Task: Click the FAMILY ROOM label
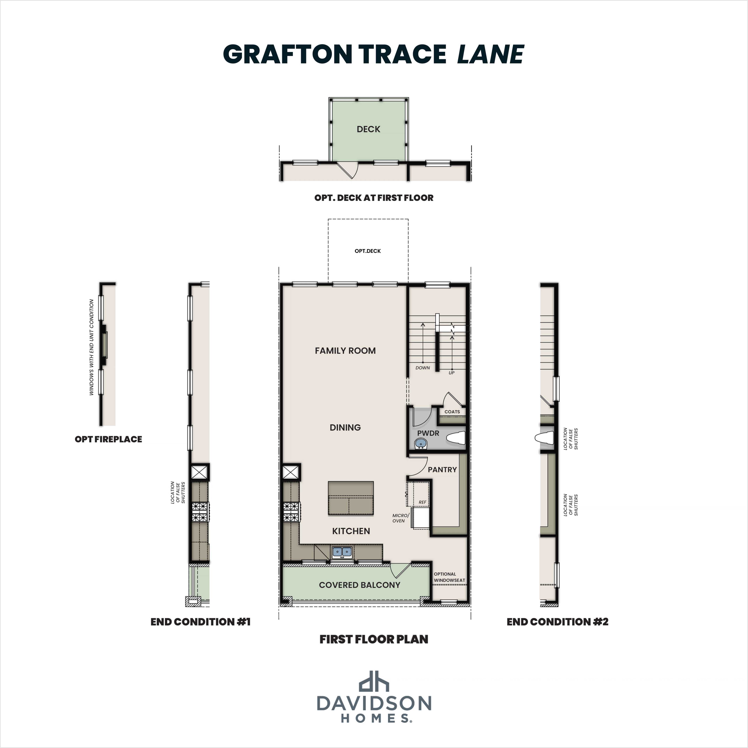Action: click(x=345, y=351)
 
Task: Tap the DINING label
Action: click(x=345, y=427)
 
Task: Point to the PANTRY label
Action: click(x=442, y=470)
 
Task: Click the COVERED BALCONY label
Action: click(x=359, y=585)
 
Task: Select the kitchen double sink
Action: click(x=342, y=551)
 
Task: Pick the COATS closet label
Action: click(x=452, y=412)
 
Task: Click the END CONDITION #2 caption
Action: click(x=557, y=622)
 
